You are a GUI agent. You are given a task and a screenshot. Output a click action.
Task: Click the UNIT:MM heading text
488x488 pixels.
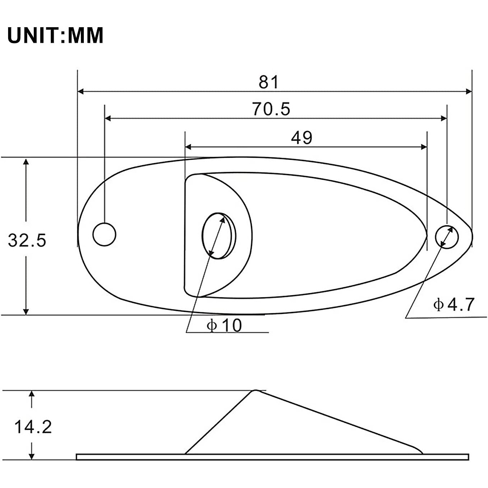(x=55, y=35)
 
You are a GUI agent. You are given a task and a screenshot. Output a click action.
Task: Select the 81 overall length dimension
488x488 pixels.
(x=268, y=82)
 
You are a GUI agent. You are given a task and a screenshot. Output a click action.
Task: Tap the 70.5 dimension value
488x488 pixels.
(x=271, y=109)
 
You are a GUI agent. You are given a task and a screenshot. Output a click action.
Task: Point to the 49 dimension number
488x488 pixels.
(x=301, y=138)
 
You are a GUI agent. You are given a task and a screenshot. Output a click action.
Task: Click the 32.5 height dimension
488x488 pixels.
(x=27, y=240)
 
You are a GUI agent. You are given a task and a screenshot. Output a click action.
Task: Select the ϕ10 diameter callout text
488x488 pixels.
(x=224, y=325)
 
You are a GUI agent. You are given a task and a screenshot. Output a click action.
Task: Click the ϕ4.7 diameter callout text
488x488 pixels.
(x=453, y=305)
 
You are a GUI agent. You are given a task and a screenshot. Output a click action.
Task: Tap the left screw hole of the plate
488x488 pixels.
(x=105, y=234)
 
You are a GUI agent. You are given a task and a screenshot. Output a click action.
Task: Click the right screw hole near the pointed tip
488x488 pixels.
(x=447, y=237)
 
